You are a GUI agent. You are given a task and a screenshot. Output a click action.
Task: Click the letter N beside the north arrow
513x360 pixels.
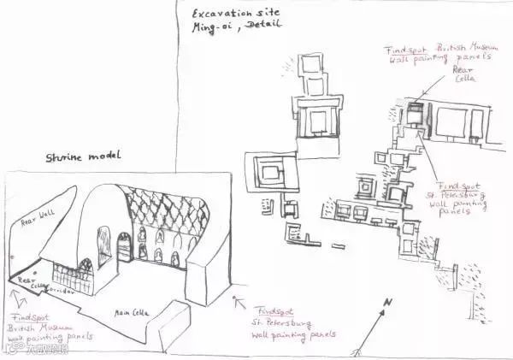pyautogui.click(x=387, y=302)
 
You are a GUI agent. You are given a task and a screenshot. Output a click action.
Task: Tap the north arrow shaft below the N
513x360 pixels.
pyautogui.click(x=373, y=329)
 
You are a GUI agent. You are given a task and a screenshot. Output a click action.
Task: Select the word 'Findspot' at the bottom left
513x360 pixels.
pyautogui.click(x=29, y=315)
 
